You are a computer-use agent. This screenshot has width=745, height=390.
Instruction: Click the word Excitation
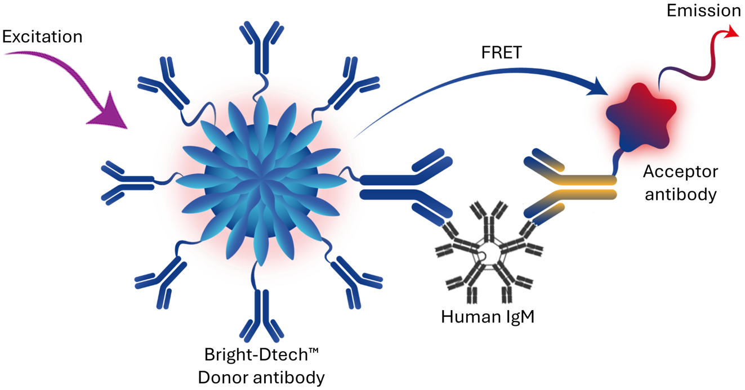[x=42, y=37]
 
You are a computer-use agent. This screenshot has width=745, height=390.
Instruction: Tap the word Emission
[x=704, y=11]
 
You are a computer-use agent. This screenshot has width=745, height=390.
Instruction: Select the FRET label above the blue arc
[x=502, y=52]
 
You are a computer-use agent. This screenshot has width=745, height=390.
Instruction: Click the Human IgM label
[x=488, y=316]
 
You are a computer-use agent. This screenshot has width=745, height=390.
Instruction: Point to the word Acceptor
[x=680, y=172]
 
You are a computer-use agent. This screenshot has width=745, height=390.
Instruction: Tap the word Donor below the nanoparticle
[x=223, y=378]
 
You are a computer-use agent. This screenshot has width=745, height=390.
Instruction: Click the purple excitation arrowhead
[x=109, y=111]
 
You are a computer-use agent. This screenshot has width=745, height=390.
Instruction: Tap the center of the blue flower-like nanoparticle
[x=262, y=181]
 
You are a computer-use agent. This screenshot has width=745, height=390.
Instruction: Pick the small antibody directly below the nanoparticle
[x=262, y=315]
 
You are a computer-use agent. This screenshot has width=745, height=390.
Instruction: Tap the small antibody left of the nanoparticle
[x=128, y=183]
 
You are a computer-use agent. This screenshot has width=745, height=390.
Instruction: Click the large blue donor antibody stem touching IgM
[x=387, y=187]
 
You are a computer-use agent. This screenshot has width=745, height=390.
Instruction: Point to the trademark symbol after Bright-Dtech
[x=314, y=351]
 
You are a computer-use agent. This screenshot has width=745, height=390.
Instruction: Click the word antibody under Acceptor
[x=680, y=195]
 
